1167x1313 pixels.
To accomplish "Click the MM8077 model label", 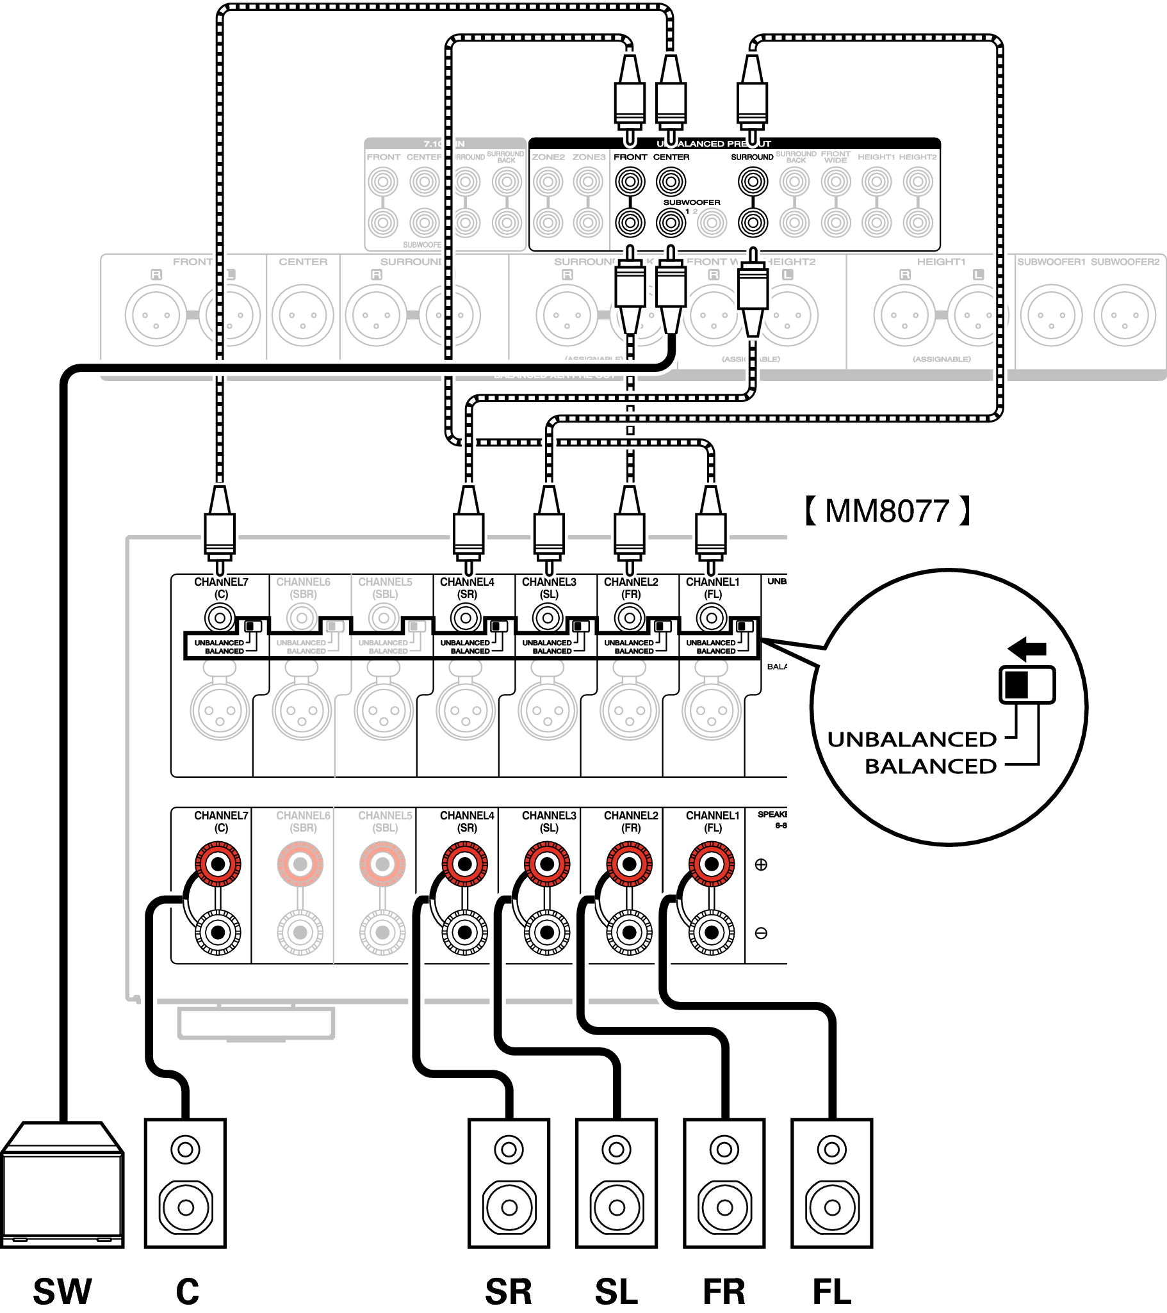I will (x=887, y=512).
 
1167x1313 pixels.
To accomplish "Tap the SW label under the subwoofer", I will (x=62, y=1291).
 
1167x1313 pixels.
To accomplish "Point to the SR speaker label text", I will (x=509, y=1291).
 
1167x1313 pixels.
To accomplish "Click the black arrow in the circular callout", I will (x=1027, y=648).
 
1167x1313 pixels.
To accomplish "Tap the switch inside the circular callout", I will (x=1027, y=685).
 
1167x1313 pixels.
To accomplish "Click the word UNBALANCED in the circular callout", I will (x=912, y=739).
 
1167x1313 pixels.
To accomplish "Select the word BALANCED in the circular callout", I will (x=931, y=766).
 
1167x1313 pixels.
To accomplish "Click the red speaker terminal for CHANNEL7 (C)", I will (x=218, y=864).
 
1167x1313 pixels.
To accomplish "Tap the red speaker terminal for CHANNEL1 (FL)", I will (x=712, y=864).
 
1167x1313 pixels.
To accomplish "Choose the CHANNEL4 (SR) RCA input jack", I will (x=466, y=618).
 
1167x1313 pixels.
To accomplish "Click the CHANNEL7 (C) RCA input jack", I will (x=220, y=618).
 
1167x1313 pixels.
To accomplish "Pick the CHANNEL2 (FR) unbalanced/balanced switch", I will (x=662, y=625).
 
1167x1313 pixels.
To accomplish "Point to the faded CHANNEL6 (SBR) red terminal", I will (x=300, y=864).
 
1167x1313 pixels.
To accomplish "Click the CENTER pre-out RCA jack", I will (x=671, y=182).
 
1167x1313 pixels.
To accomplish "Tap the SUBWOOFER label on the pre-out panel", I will (x=692, y=202).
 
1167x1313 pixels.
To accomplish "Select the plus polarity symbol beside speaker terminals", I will (x=761, y=865).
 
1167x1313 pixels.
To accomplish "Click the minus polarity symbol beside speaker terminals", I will (x=761, y=933).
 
